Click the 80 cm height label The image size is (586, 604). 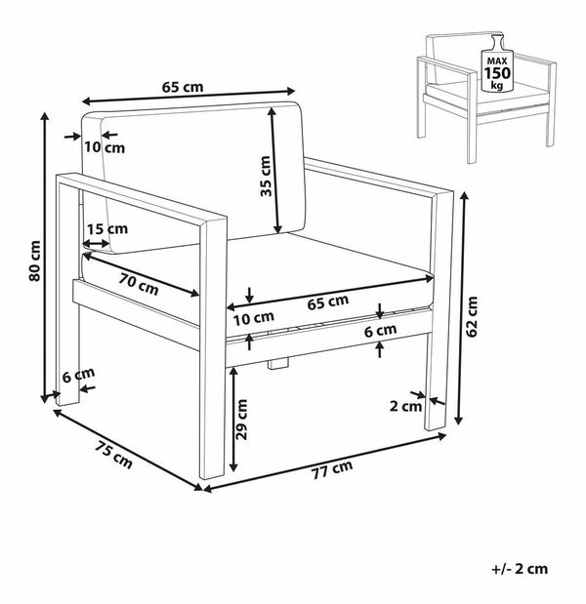point(35,261)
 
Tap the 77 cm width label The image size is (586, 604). point(332,469)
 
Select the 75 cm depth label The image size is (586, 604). point(113,455)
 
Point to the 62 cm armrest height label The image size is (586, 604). point(472,317)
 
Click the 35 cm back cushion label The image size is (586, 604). point(266,176)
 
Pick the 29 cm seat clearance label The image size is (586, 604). point(242,420)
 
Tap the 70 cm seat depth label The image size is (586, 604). point(139,284)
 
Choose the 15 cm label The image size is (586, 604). point(107,228)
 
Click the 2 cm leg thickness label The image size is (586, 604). point(405,406)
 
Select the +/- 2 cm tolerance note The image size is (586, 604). point(520,569)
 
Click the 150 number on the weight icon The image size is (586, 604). point(497,73)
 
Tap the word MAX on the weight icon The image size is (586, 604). point(497,60)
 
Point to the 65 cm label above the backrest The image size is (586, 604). point(183,87)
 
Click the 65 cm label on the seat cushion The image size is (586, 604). point(328,302)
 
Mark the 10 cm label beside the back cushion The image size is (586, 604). point(105,147)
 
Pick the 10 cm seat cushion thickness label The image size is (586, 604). point(254,318)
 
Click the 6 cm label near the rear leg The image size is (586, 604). point(79,375)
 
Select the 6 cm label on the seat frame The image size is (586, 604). point(380,331)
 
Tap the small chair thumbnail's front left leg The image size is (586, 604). point(472,117)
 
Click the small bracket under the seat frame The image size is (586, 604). point(278,363)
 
